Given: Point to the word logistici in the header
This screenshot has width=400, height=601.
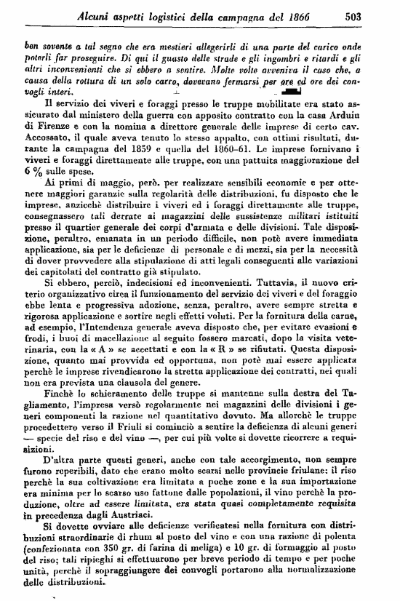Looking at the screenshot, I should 151,13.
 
